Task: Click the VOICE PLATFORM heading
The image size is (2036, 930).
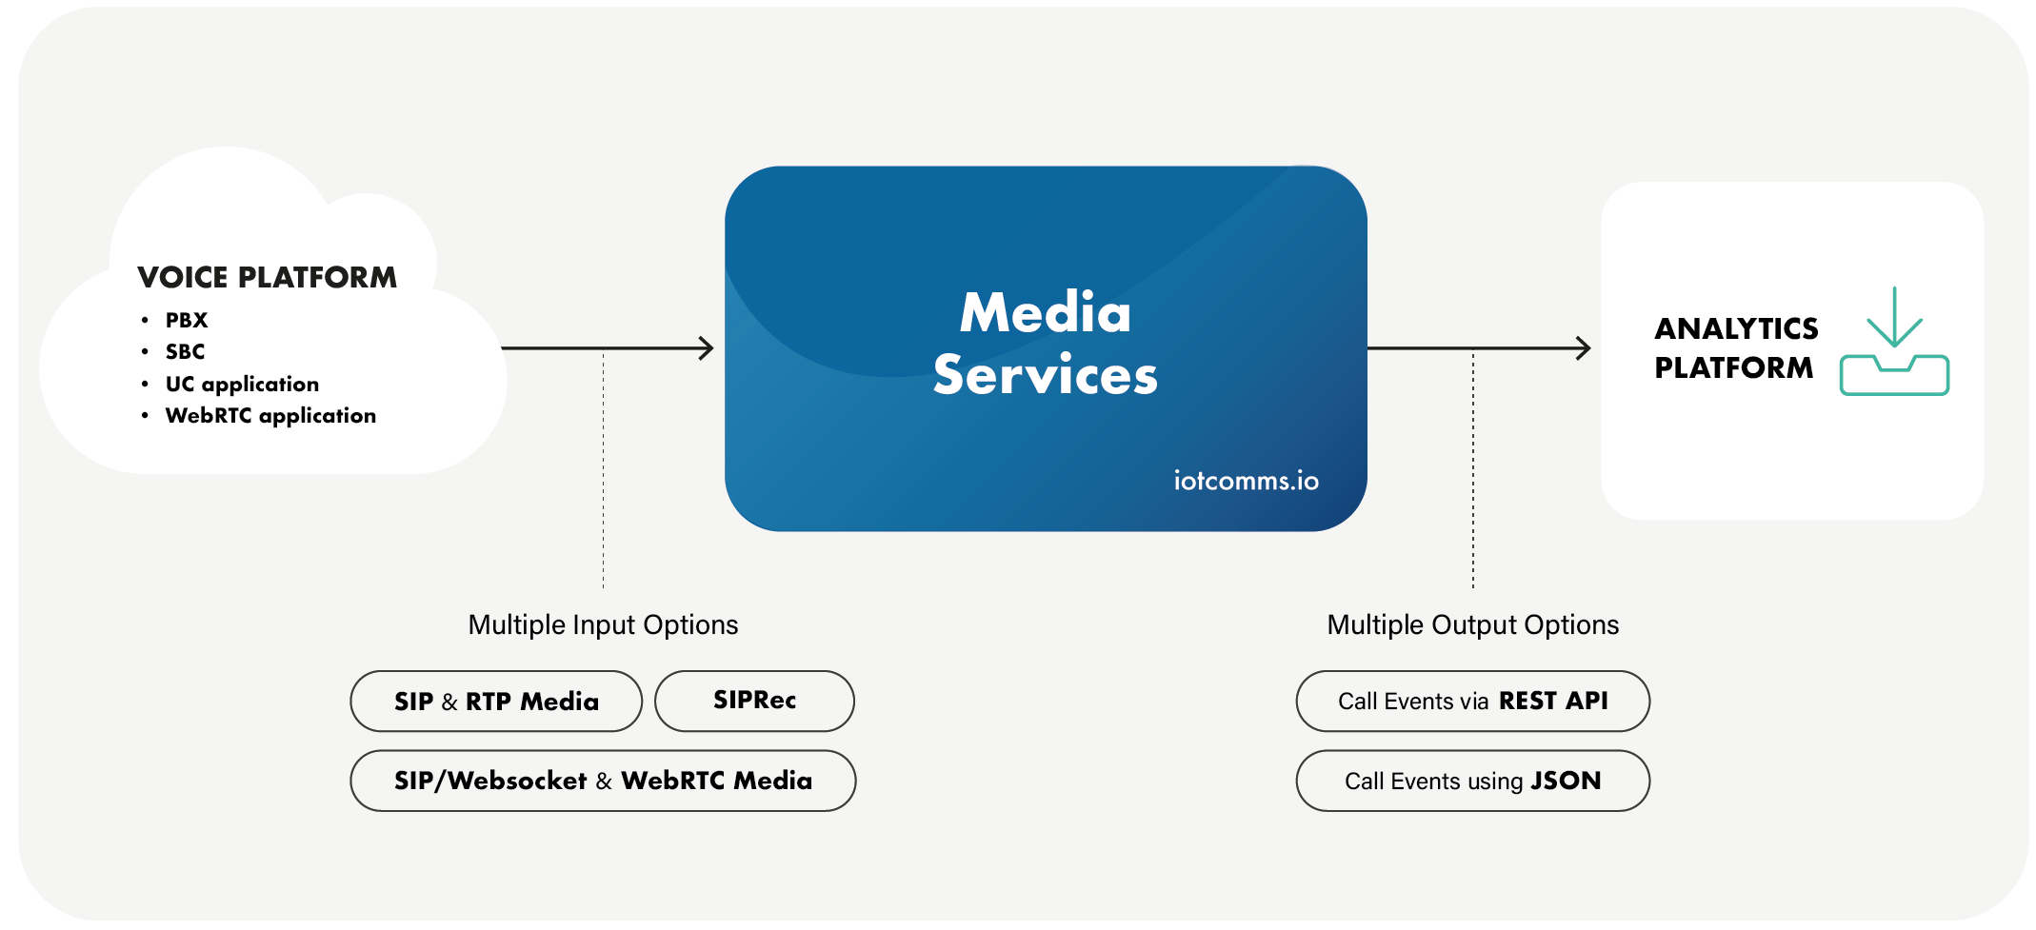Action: click(x=267, y=277)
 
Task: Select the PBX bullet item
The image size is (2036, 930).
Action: click(x=186, y=320)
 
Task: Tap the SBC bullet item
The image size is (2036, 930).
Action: click(x=185, y=351)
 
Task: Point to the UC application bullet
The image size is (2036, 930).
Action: click(x=242, y=384)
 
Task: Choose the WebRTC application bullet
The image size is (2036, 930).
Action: click(x=270, y=416)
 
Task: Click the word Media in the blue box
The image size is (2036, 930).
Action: click(x=1045, y=312)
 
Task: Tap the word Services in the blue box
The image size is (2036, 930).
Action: click(x=1045, y=375)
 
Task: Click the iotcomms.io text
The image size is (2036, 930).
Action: click(x=1246, y=481)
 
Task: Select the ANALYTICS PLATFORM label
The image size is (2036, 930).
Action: click(x=1735, y=347)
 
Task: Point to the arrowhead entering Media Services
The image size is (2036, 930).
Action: click(x=706, y=348)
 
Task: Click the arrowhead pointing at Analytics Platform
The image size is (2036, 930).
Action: click(x=1583, y=348)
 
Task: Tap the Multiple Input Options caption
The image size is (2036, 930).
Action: click(x=603, y=624)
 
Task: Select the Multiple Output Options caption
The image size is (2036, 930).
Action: click(x=1472, y=624)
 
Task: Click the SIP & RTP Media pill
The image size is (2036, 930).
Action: click(x=496, y=702)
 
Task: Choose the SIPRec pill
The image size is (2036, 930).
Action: click(x=754, y=701)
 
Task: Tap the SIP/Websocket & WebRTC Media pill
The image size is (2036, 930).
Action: click(x=603, y=781)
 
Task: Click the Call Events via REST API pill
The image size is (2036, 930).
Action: click(x=1472, y=702)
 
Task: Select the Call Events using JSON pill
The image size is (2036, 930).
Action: click(x=1472, y=781)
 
